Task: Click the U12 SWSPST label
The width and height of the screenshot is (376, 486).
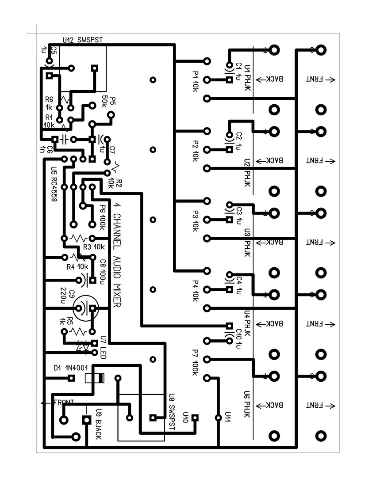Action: (83, 40)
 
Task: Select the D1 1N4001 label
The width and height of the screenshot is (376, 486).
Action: (71, 368)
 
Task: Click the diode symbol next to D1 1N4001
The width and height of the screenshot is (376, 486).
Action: (94, 378)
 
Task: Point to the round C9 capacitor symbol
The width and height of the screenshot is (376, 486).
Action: (85, 308)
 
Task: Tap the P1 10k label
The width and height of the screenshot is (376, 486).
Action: (196, 81)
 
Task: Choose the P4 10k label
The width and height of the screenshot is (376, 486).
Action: (196, 290)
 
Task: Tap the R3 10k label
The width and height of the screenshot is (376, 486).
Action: (93, 247)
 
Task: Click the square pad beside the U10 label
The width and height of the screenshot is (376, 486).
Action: (195, 418)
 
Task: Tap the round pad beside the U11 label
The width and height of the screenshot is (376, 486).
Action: (218, 418)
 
